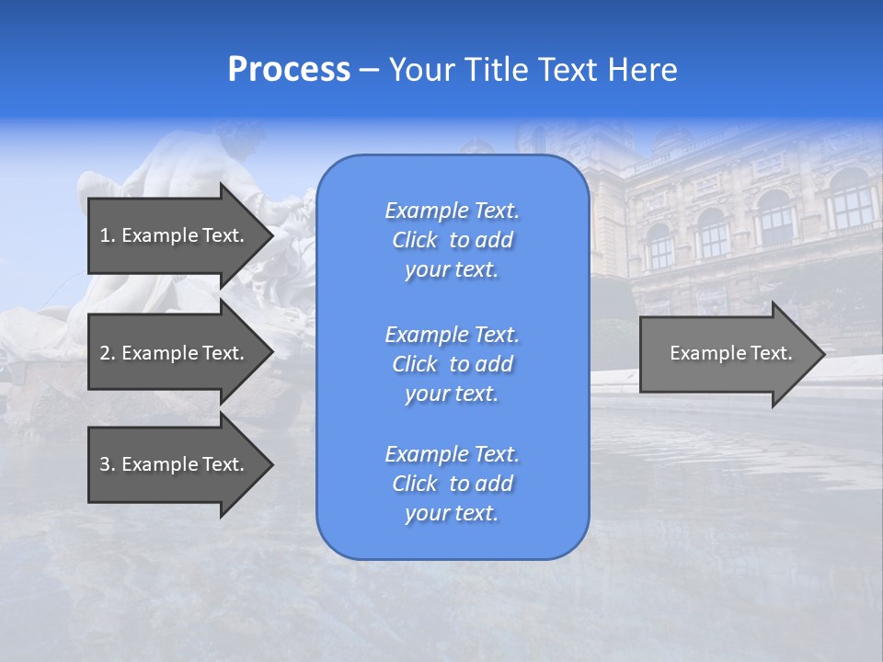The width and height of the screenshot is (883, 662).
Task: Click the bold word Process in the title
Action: click(289, 70)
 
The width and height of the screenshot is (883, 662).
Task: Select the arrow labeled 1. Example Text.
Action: click(175, 235)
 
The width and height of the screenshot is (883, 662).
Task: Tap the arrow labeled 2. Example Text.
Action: click(175, 353)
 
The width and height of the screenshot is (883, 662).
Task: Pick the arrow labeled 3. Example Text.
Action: click(175, 464)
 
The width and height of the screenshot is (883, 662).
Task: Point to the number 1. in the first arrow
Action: click(108, 235)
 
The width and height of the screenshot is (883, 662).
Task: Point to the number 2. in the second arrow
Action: click(108, 353)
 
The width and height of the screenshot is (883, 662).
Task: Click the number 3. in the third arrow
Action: click(108, 464)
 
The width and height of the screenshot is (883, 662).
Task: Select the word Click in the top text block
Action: click(415, 241)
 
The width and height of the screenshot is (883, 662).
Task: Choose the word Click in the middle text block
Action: click(415, 365)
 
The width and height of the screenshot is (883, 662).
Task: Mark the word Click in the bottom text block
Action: click(415, 485)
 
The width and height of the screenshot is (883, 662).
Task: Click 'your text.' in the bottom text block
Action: click(452, 514)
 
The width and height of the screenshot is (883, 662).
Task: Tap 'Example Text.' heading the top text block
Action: click(452, 211)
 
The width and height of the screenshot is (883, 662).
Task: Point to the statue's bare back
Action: click(176, 170)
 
